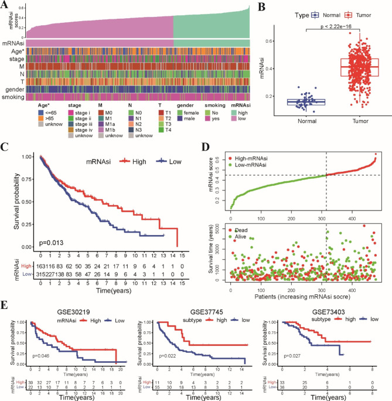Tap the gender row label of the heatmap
(15, 89)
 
